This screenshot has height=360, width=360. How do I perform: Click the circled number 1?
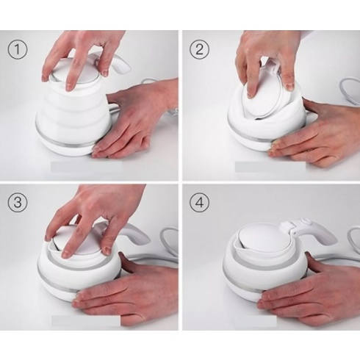(x=17, y=50)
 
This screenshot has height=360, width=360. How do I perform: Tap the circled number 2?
(x=200, y=50)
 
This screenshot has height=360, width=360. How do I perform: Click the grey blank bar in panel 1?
(x=87, y=166)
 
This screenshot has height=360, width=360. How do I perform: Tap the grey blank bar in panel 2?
(x=270, y=166)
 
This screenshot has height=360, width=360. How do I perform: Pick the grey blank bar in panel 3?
(x=86, y=320)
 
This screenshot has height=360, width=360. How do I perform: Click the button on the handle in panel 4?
(x=306, y=223)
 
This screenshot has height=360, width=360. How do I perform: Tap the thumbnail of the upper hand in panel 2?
(x=290, y=87)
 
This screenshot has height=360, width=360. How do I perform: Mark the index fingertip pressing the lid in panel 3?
(x=66, y=254)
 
